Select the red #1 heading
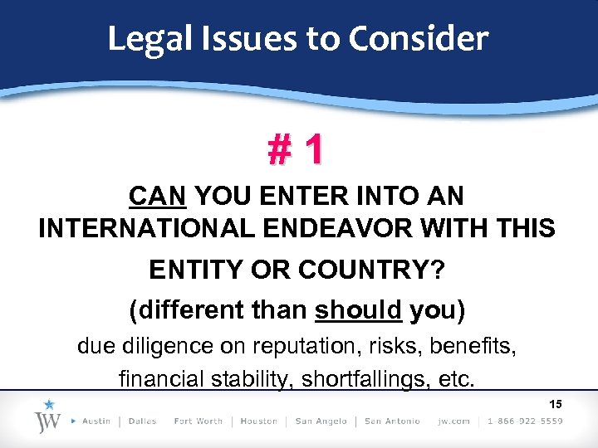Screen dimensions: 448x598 [x=295, y=149]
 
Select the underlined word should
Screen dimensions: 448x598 [x=359, y=310]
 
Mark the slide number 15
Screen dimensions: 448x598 [x=556, y=404]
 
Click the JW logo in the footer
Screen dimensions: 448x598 [x=47, y=419]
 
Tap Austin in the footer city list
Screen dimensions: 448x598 [x=96, y=421]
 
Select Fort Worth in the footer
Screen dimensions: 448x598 [x=199, y=421]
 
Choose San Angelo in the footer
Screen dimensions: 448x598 [x=320, y=421]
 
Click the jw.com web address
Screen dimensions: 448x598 [x=453, y=421]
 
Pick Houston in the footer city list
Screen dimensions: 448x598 [x=258, y=421]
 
